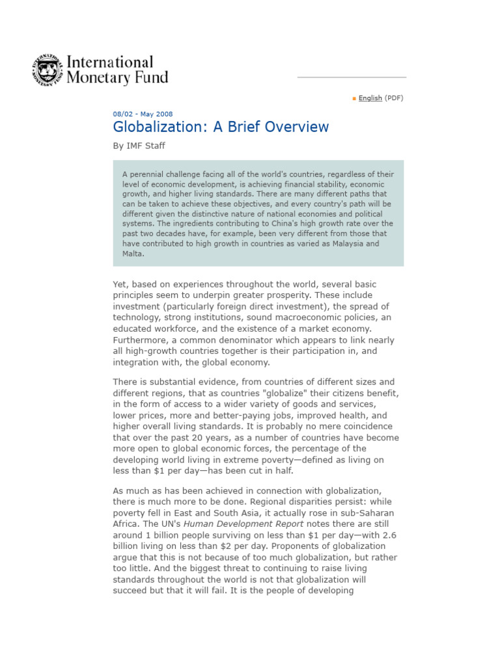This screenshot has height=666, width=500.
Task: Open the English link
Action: [x=370, y=98]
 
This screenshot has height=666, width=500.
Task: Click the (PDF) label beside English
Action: [x=394, y=98]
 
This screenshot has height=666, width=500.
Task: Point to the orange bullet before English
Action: [x=354, y=99]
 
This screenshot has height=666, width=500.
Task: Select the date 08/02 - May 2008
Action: [x=143, y=114]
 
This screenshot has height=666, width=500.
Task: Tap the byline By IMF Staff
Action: [x=139, y=146]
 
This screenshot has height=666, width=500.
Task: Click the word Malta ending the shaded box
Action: [x=132, y=254]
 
